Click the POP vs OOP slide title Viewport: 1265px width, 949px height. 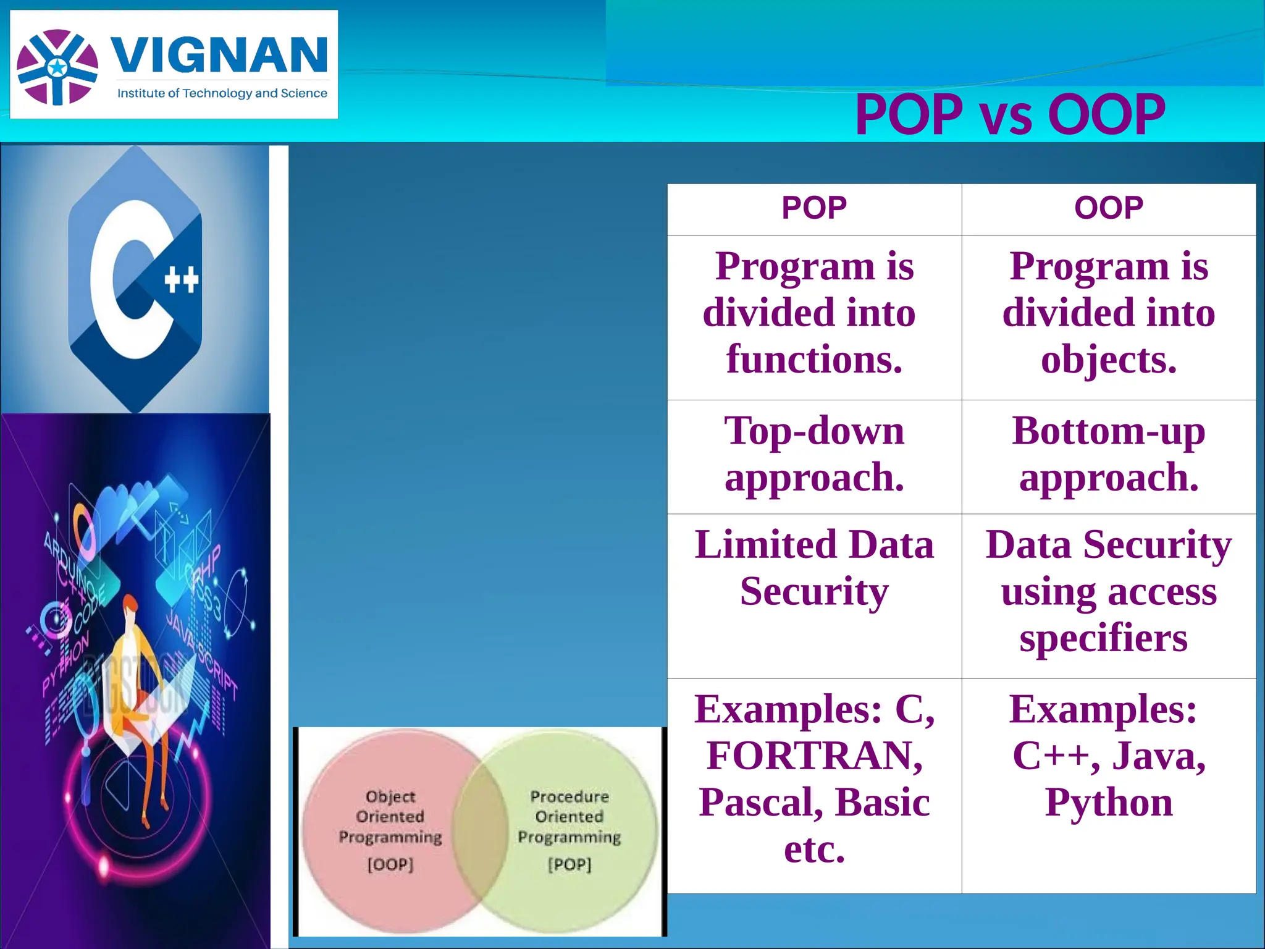1009,115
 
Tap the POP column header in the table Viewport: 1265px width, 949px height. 814,208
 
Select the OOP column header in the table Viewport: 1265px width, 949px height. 1109,208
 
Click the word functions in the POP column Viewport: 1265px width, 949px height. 814,360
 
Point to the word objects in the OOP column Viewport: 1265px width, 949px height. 1109,360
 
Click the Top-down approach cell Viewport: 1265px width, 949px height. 814,454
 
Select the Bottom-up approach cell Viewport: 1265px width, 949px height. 1109,454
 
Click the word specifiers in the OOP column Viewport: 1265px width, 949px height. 1103,638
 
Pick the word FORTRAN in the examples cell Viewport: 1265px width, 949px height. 814,756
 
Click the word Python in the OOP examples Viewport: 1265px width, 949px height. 1109,803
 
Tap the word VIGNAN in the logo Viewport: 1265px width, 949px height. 219,55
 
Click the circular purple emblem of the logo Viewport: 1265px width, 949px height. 57,67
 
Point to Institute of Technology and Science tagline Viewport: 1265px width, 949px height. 222,93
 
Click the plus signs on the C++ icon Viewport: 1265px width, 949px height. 182,280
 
